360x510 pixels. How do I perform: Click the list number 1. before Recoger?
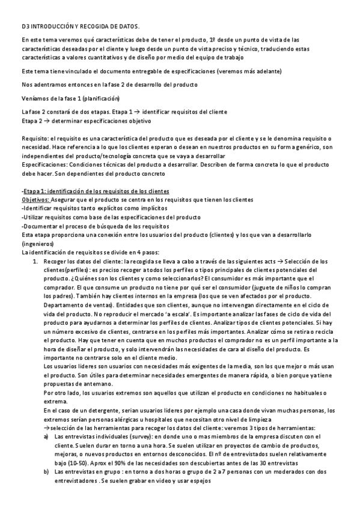(x=35, y=261)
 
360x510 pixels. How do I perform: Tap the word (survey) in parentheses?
(x=131, y=436)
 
